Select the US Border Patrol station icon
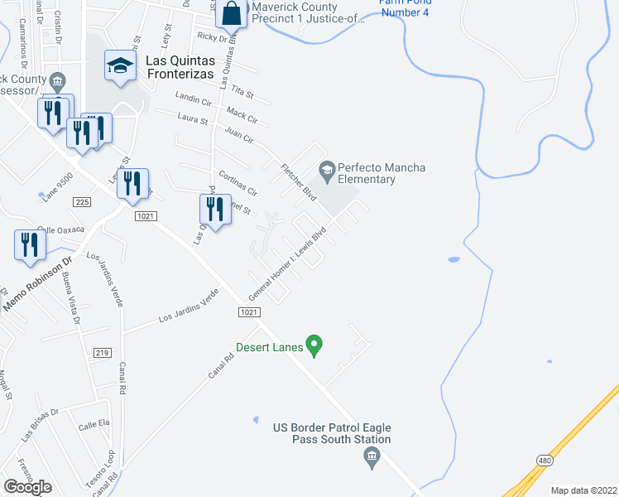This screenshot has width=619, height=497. pos(372,456)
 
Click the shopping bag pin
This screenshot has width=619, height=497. pos(232,14)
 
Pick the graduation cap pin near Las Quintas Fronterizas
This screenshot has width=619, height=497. pos(121,66)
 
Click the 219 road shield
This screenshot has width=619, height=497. pos(102,353)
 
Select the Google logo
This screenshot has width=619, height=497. pos(27,487)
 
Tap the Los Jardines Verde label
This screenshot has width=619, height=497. pos(189,306)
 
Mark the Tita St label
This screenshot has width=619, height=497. pos(242,89)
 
